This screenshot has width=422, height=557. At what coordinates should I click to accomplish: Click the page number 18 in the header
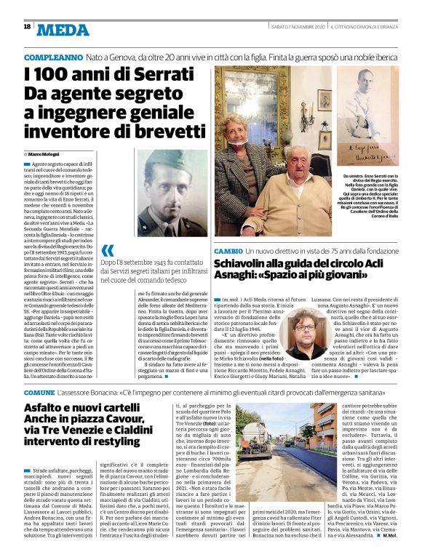tap(27, 27)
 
